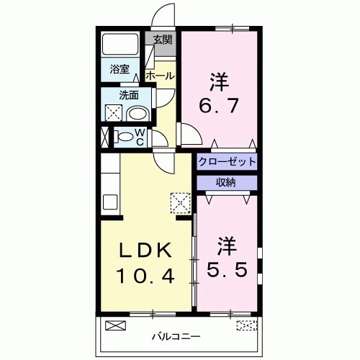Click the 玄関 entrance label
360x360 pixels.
(163, 40)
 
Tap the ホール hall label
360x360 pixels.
(159, 76)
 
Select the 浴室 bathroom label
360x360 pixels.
(120, 69)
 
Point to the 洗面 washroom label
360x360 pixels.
(129, 95)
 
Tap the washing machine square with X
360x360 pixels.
(114, 114)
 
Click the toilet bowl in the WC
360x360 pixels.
(124, 136)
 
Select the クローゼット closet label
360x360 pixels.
(227, 161)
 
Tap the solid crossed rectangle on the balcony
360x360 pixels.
(115, 325)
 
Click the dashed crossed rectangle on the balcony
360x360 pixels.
(246, 325)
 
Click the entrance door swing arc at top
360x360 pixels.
(165, 16)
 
